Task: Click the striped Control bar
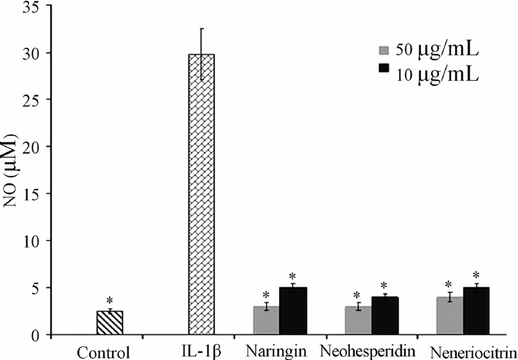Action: pos(110,323)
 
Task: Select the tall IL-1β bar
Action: pos(201,195)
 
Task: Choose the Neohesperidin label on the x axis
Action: pos(367,350)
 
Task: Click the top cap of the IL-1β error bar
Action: pos(201,29)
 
